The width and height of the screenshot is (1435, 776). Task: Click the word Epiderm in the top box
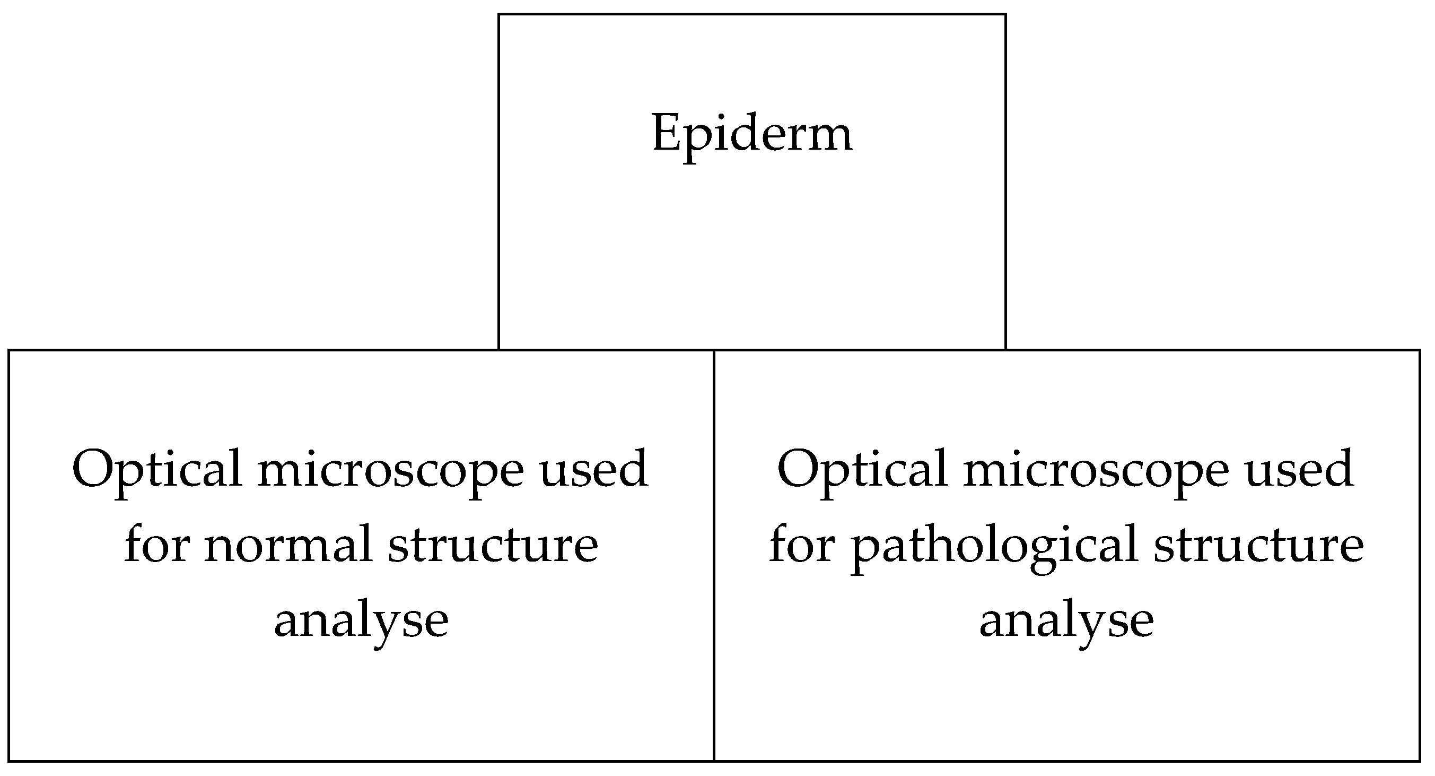click(x=752, y=134)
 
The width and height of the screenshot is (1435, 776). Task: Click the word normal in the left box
click(x=288, y=545)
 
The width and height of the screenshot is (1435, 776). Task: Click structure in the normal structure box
click(x=493, y=545)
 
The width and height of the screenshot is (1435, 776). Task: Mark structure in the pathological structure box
click(x=1258, y=545)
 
